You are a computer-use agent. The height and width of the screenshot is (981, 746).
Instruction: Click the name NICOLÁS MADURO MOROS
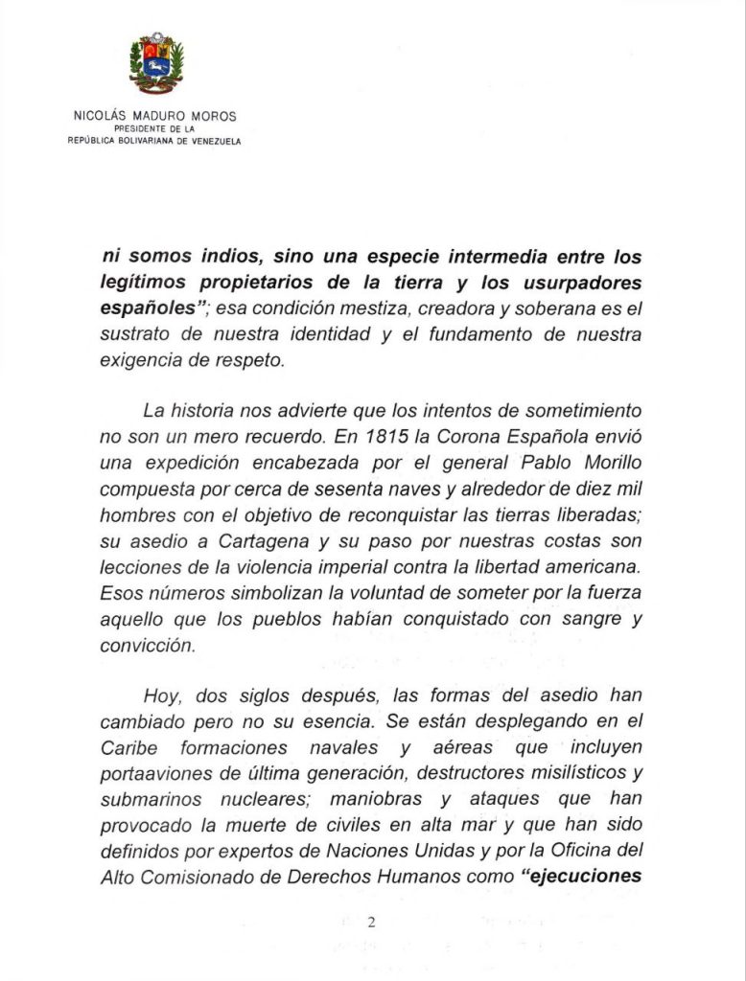click(154, 116)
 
